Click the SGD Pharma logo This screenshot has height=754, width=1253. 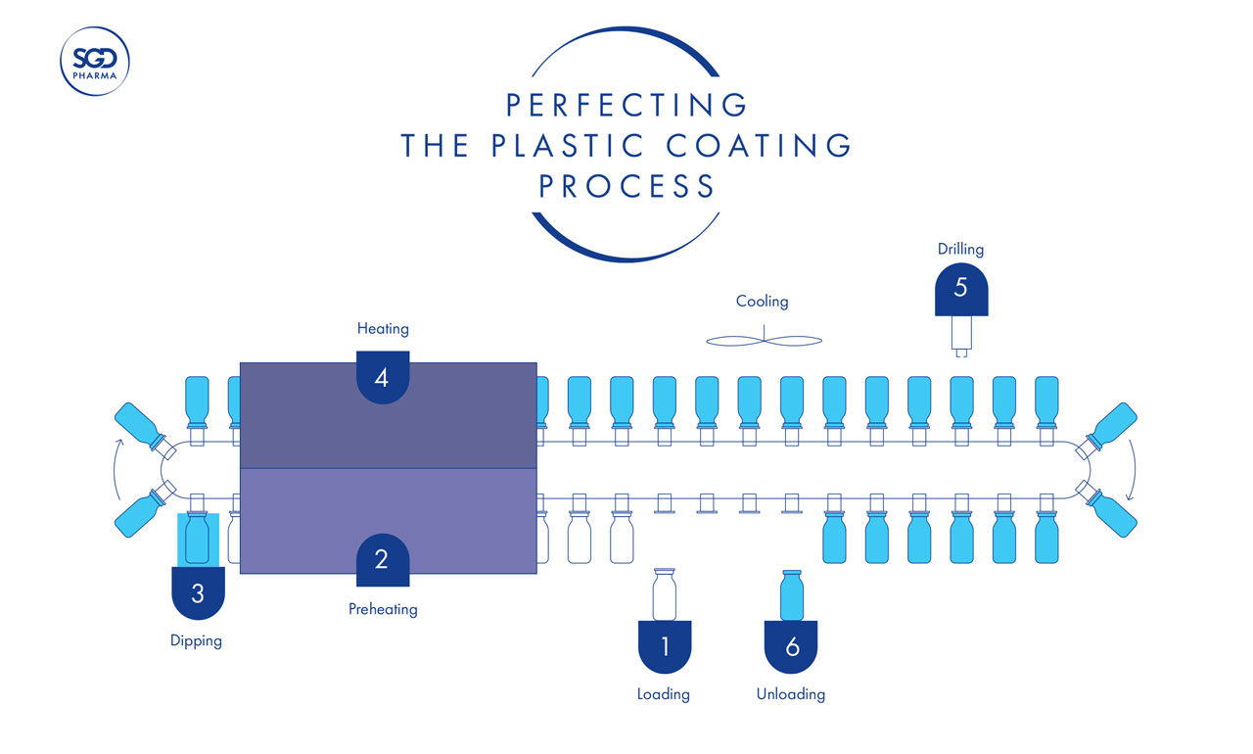[95, 62]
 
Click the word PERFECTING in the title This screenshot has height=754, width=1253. [626, 104]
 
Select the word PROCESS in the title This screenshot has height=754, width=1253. [626, 186]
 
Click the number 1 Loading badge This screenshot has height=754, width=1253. [665, 646]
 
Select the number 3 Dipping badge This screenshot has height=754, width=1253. [198, 593]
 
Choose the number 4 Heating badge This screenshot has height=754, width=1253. [382, 376]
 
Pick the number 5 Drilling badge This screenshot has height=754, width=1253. [960, 288]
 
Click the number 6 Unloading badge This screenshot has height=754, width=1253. [792, 646]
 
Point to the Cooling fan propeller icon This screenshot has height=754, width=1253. [764, 340]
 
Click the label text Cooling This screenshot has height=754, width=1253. [762, 302]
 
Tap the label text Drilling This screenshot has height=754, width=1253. [960, 250]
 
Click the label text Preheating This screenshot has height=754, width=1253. [383, 609]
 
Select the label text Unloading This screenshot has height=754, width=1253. [791, 694]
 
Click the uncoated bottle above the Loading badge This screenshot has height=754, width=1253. [665, 594]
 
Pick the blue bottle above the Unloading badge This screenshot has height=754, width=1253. [792, 594]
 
